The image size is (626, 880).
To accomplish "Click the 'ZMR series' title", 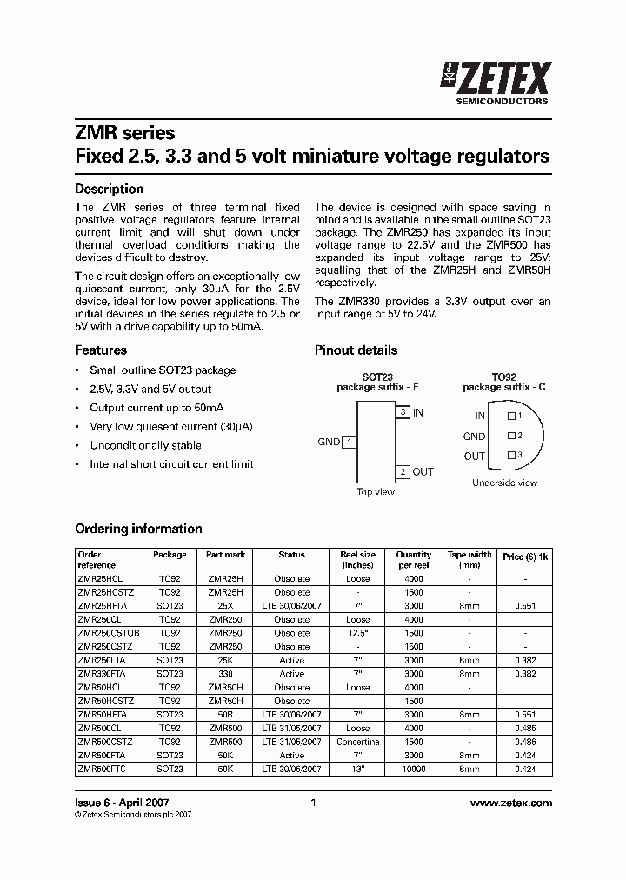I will pyautogui.click(x=124, y=133).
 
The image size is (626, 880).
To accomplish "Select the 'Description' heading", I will pyautogui.click(x=109, y=189).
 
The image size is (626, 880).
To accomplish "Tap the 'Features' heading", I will pyautogui.click(x=100, y=350).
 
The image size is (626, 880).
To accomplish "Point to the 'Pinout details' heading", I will pyautogui.click(x=356, y=350).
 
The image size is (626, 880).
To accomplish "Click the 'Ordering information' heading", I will pyautogui.click(x=138, y=529).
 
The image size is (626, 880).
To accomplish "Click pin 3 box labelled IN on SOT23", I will pyautogui.click(x=403, y=412).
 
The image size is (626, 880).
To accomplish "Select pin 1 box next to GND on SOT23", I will pyautogui.click(x=349, y=442).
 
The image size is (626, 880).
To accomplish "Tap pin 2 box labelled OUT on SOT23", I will pyautogui.click(x=403, y=471).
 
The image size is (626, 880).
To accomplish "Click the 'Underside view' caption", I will pyautogui.click(x=504, y=483).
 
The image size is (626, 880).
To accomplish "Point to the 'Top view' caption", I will pyautogui.click(x=376, y=492).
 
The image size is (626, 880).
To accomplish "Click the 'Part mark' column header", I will pyautogui.click(x=226, y=555).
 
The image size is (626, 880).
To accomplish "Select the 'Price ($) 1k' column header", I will pyautogui.click(x=525, y=555).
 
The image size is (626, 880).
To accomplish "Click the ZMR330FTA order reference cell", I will pyautogui.click(x=102, y=674).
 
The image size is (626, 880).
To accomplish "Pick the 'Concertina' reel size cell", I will pyautogui.click(x=357, y=742).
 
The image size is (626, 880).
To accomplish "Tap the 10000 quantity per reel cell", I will pyautogui.click(x=413, y=770).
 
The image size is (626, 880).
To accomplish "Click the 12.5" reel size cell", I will pyautogui.click(x=357, y=633).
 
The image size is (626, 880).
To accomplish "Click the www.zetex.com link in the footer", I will pyautogui.click(x=511, y=803).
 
